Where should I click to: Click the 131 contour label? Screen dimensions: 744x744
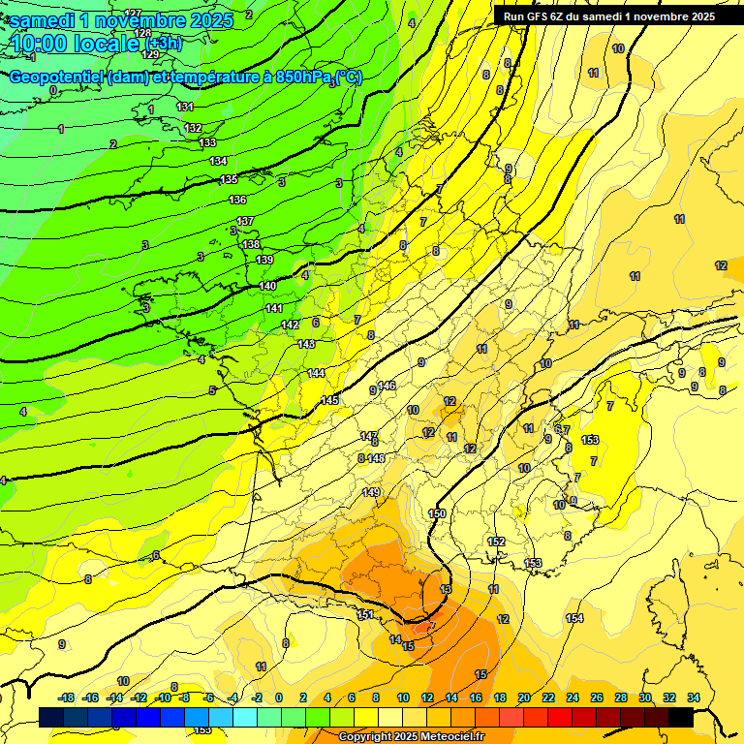(x=186, y=107)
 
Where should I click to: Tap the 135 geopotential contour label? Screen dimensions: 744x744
(x=229, y=180)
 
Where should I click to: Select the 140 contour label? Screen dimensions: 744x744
(x=268, y=286)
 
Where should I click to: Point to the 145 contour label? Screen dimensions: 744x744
(x=329, y=400)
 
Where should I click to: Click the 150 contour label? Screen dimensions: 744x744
(x=437, y=513)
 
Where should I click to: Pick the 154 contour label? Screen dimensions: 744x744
(x=574, y=618)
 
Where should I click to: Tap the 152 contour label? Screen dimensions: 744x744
(x=497, y=542)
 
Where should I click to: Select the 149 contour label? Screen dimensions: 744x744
(x=371, y=492)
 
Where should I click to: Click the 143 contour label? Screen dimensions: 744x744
(x=307, y=344)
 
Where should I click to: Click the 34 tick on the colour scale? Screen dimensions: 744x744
(x=693, y=697)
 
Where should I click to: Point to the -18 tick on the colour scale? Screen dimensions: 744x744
(x=67, y=697)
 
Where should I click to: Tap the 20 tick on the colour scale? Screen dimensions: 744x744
(x=524, y=697)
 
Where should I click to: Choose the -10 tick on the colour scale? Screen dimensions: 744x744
(x=164, y=697)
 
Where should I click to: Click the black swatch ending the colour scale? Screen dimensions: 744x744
(x=680, y=717)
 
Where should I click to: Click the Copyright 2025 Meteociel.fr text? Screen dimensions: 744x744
(x=411, y=737)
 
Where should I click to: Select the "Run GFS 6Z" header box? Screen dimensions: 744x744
(x=609, y=16)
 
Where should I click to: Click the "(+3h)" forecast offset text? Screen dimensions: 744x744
(x=166, y=44)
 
